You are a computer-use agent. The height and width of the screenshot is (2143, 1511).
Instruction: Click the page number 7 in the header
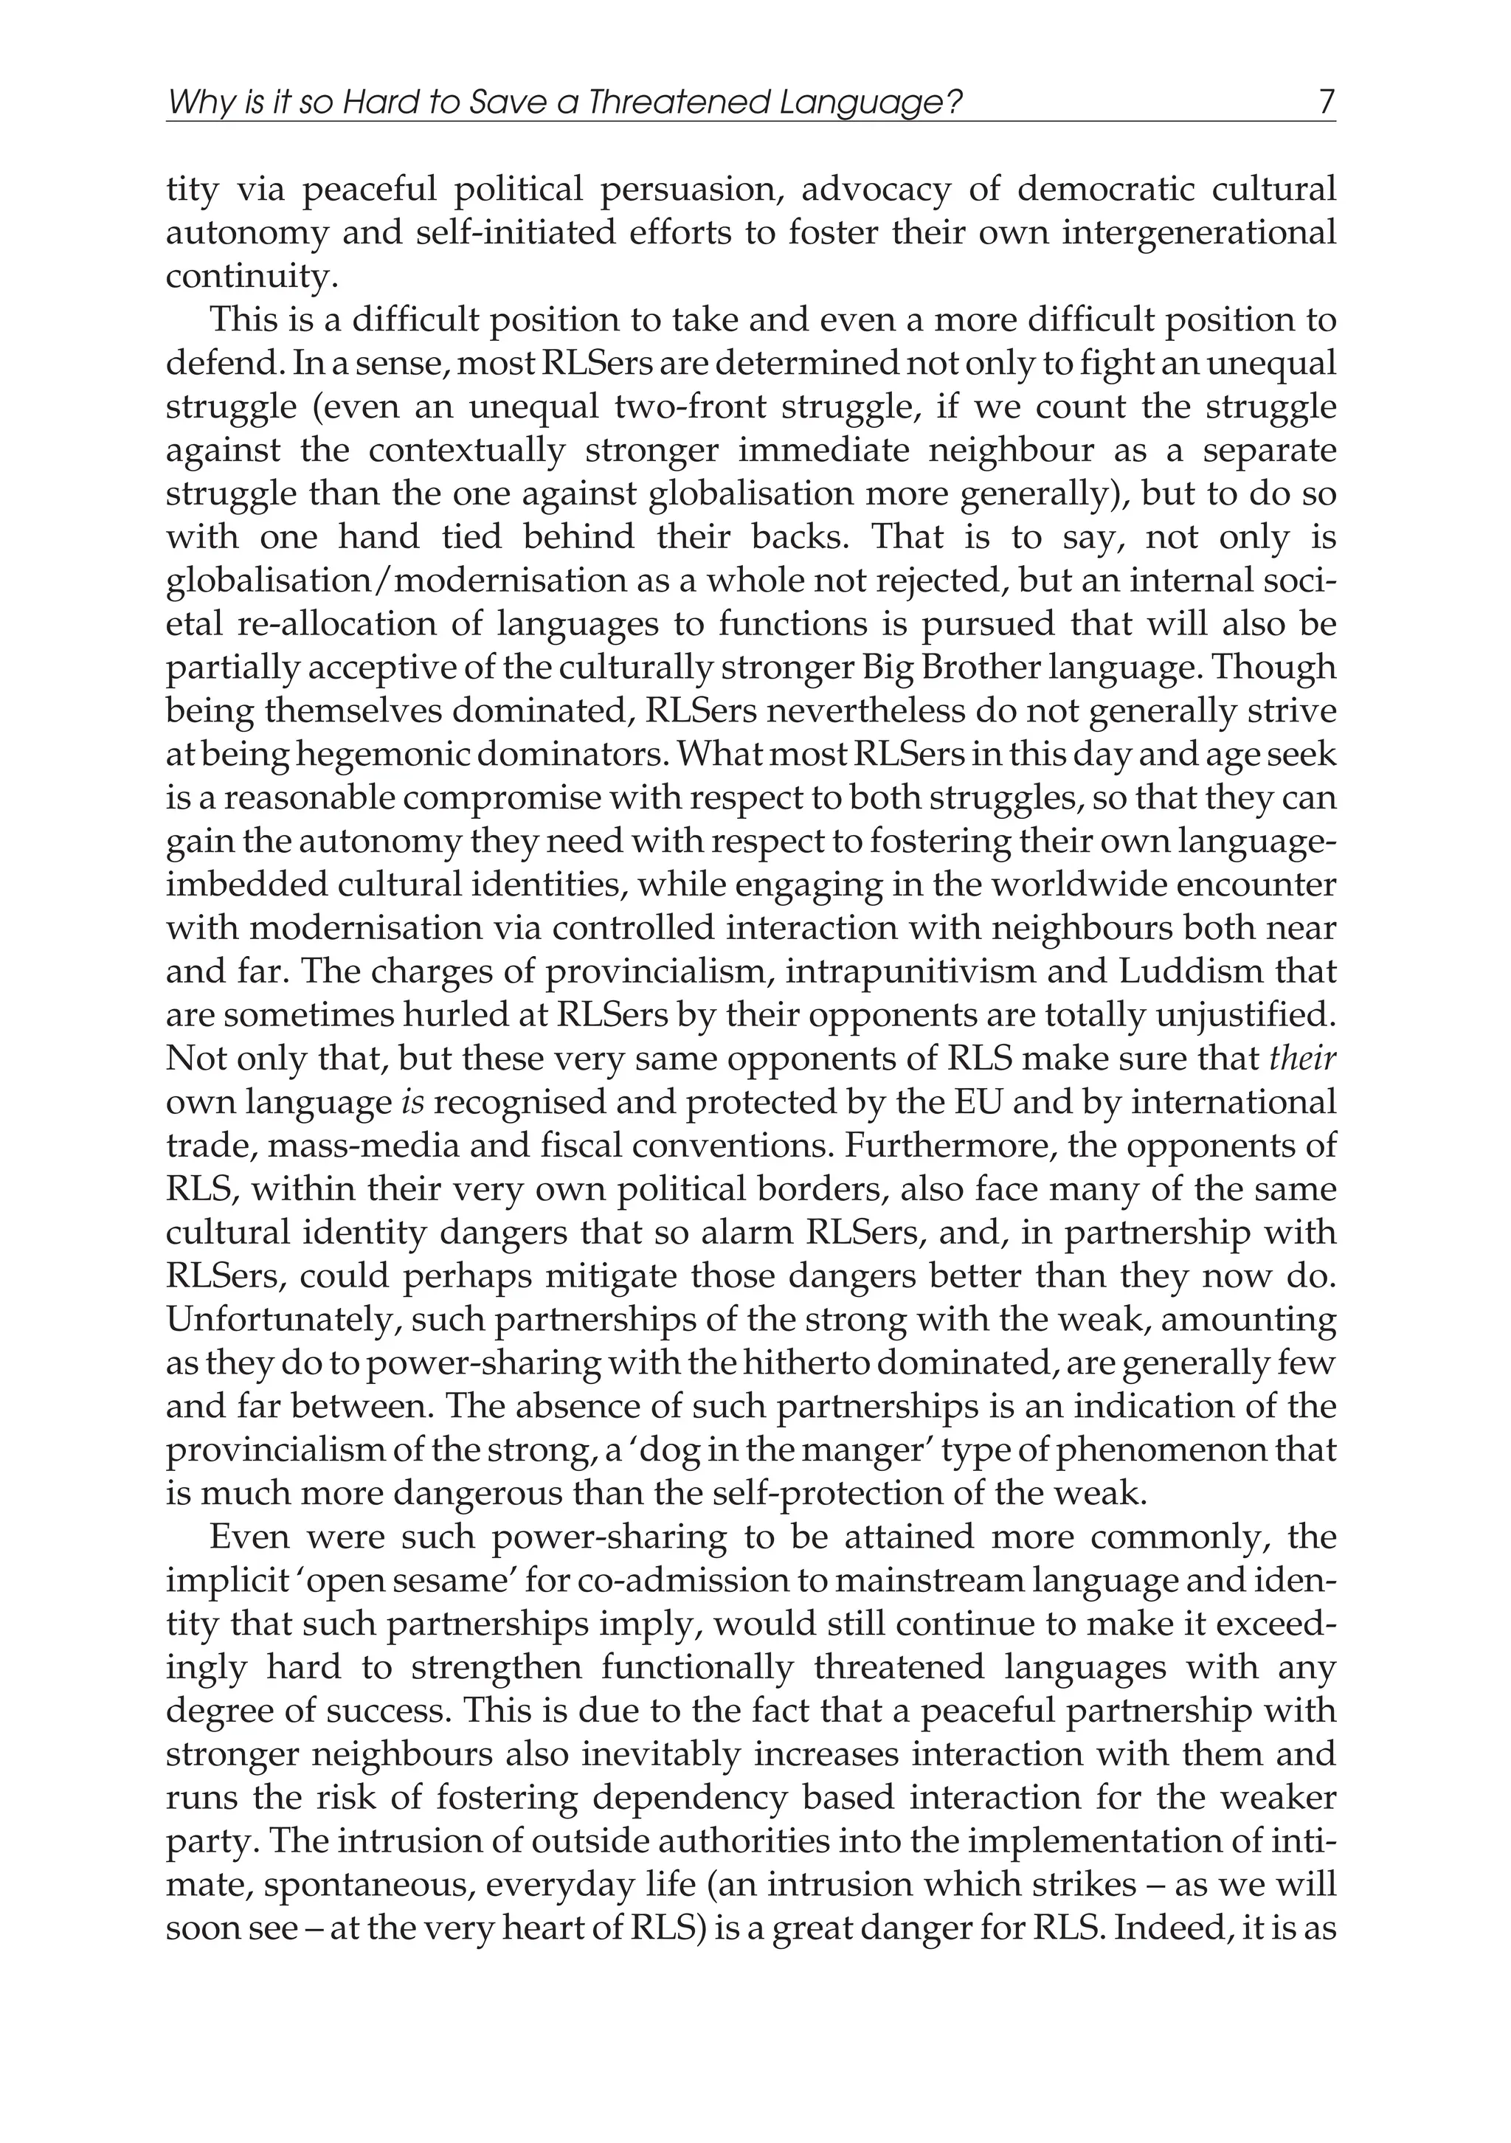click(x=1327, y=101)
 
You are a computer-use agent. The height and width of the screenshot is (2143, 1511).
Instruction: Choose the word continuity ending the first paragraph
click(x=247, y=277)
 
